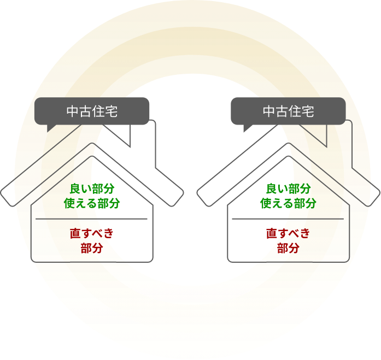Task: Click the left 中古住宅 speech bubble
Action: [x=92, y=111]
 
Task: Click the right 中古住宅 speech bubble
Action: [x=288, y=111]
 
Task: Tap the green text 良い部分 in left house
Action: [x=92, y=189]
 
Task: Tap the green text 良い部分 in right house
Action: [x=288, y=189]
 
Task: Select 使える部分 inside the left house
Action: [x=92, y=204]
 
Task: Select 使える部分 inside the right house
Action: [x=288, y=204]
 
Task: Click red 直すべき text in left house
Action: [x=92, y=234]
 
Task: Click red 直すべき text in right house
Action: [x=288, y=234]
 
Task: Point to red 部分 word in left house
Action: [x=92, y=249]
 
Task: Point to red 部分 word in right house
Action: [x=288, y=249]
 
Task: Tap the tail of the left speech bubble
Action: [x=51, y=128]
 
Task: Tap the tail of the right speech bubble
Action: [x=247, y=128]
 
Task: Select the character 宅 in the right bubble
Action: [x=308, y=111]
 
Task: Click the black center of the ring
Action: [x=190, y=164]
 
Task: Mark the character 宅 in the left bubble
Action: [x=112, y=111]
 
